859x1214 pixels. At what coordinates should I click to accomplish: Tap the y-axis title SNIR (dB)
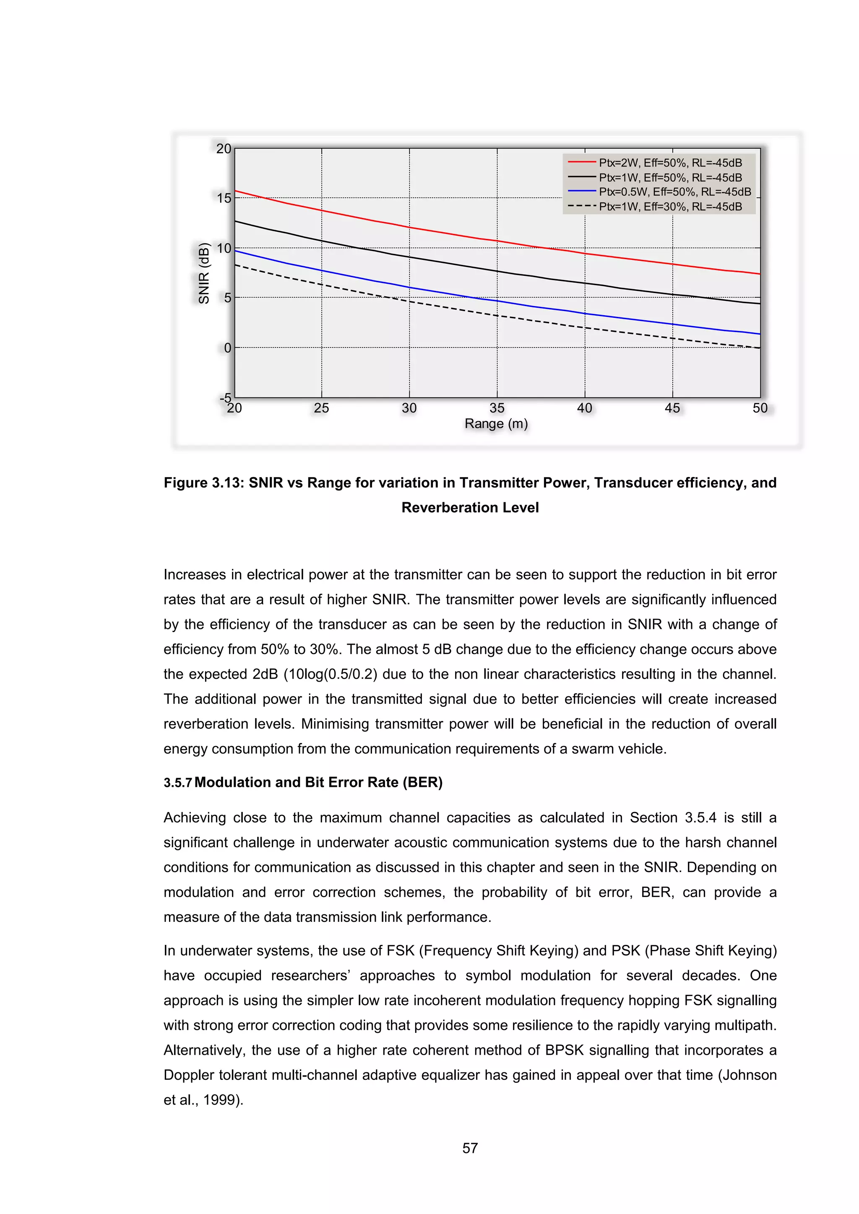tap(204, 273)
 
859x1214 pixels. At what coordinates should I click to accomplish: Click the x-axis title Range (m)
tap(496, 423)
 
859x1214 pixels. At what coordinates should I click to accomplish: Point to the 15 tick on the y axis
tap(224, 198)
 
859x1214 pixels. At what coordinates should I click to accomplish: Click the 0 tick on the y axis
tap(227, 348)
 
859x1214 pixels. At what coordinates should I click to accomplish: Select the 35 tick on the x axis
tap(497, 408)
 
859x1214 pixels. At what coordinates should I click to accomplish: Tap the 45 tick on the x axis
tap(672, 408)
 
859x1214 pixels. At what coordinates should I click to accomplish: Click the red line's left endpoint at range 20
tap(235, 190)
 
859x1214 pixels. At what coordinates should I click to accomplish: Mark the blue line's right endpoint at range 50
tap(760, 334)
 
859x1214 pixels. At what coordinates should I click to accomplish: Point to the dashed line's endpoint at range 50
tap(760, 348)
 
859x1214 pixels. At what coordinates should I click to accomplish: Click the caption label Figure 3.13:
tap(203, 483)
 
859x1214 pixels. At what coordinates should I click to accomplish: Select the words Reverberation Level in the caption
tap(470, 508)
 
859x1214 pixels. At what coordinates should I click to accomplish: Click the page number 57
tap(470, 1149)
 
